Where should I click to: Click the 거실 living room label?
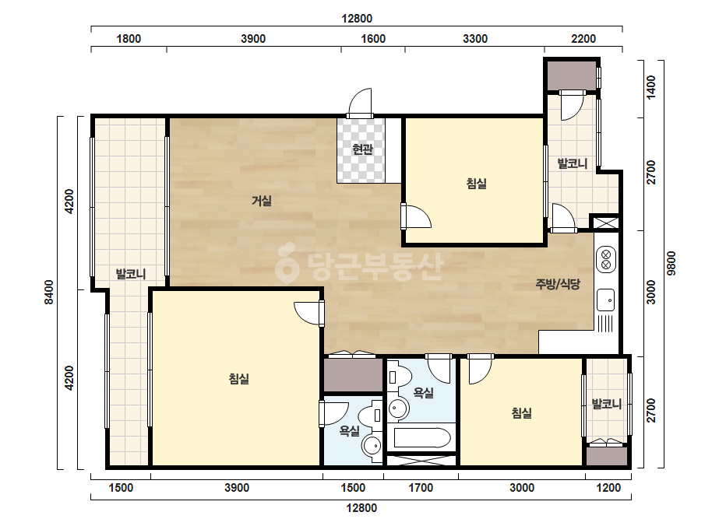coord(262,200)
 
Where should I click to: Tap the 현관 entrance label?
coord(362,149)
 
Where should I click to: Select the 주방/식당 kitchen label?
coord(558,284)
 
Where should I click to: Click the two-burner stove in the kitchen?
coord(606,259)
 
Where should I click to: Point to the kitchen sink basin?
coord(606,300)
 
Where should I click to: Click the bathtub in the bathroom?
coord(422,438)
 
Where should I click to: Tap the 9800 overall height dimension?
coord(671,263)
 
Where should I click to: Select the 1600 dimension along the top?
coord(373,38)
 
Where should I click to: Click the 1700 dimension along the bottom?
coord(421,488)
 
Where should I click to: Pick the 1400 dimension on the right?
coord(650,87)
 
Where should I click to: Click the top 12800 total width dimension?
coord(357,19)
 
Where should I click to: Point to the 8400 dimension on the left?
coord(48,292)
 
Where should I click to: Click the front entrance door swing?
coord(360,103)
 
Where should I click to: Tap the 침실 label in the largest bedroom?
coord(239,379)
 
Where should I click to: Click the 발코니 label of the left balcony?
coord(131,274)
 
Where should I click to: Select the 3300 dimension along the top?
coord(475,38)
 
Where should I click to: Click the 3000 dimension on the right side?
coord(650,292)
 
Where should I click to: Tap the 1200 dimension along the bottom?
coord(608,488)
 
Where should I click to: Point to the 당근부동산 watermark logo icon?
coord(287,262)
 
